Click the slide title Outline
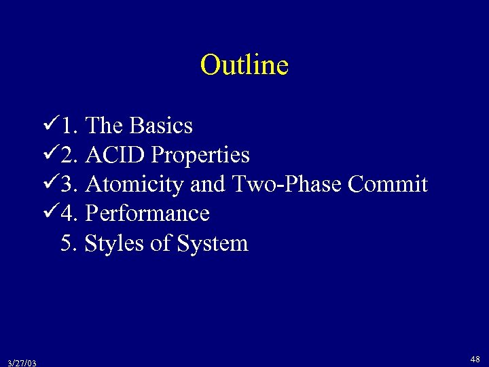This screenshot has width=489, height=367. click(244, 65)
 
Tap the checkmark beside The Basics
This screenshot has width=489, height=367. click(49, 124)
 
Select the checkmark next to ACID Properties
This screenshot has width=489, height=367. click(49, 154)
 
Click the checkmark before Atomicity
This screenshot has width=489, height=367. click(49, 183)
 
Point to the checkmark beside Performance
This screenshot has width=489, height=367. click(49, 212)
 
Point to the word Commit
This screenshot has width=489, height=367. click(388, 184)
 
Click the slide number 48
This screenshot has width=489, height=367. click(475, 358)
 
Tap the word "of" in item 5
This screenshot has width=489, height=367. click(160, 243)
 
